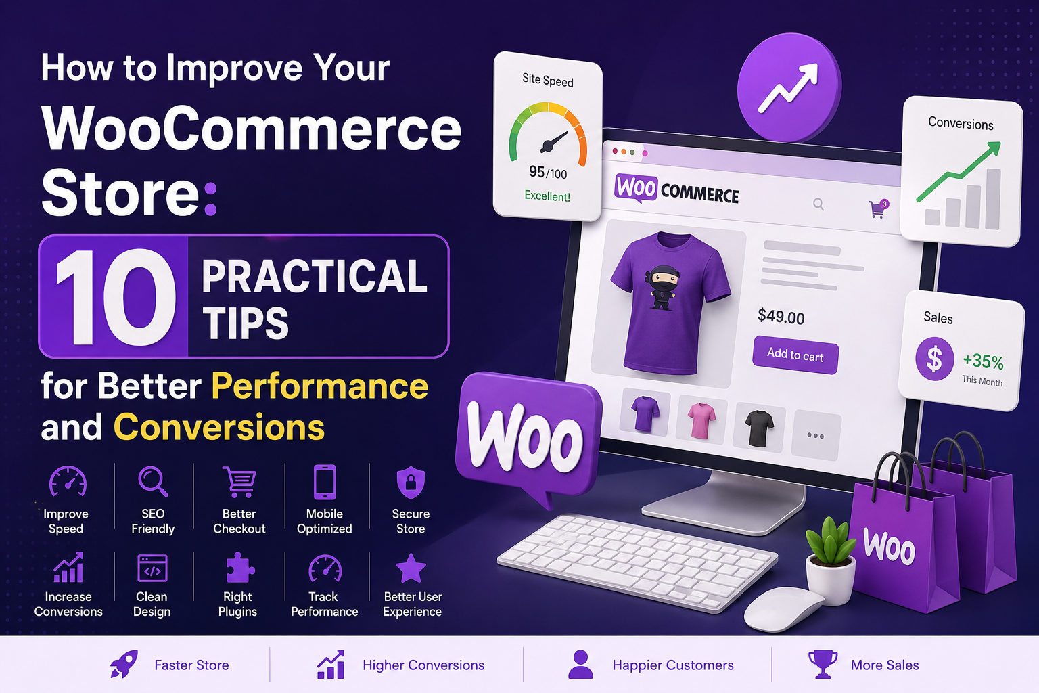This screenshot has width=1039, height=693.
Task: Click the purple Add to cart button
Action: click(x=795, y=355)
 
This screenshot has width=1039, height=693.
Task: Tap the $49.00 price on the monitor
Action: click(x=781, y=317)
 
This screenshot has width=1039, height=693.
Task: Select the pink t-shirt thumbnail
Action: click(x=701, y=421)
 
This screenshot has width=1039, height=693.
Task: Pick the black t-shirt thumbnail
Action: click(x=759, y=428)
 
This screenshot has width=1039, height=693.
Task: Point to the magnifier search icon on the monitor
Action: click(x=818, y=204)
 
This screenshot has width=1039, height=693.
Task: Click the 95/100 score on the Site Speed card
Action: click(x=548, y=173)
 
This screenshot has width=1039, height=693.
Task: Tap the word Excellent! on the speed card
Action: click(x=547, y=196)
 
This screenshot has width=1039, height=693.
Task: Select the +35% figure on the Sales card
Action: click(x=983, y=361)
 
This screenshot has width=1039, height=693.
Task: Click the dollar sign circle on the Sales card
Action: click(x=934, y=359)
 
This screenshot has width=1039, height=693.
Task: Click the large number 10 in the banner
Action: click(x=116, y=296)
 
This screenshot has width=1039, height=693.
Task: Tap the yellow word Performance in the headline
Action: click(x=319, y=386)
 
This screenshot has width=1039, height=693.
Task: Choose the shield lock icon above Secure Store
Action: click(x=411, y=483)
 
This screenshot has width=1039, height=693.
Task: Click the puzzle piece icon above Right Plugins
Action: click(x=239, y=568)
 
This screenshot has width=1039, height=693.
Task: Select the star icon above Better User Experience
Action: click(x=411, y=568)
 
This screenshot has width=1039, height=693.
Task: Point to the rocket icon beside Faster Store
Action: click(x=124, y=664)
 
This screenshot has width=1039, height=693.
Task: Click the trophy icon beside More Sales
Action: click(x=823, y=664)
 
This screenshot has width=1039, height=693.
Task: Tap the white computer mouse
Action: click(x=783, y=609)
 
